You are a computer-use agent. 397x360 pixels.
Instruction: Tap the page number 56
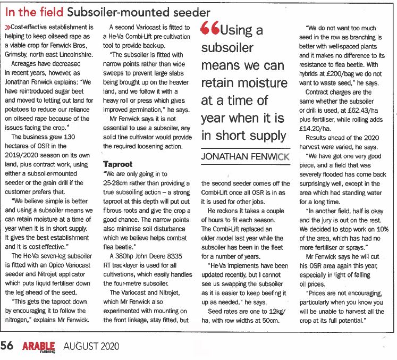coord(7,346)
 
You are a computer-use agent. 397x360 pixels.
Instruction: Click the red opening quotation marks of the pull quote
coord(209,30)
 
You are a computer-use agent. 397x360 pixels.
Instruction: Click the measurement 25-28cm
coord(116,183)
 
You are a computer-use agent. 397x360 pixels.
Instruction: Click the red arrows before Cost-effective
coord(7,27)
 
